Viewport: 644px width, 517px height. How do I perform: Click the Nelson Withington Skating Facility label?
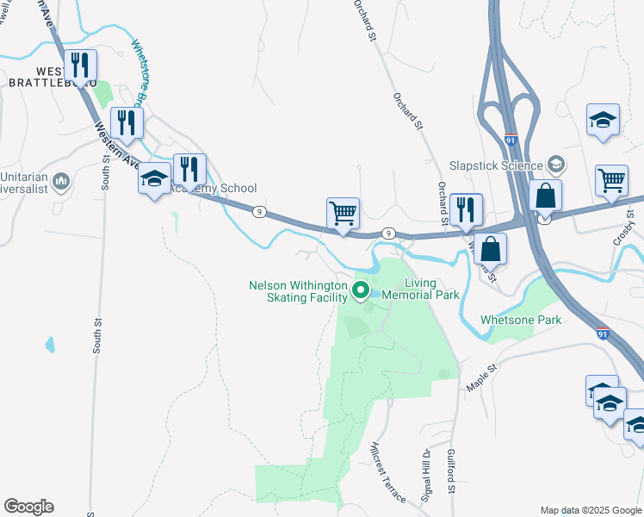(298, 290)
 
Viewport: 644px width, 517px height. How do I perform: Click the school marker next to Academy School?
(155, 179)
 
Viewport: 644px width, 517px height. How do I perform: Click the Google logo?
(28, 507)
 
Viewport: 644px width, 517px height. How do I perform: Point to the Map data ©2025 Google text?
(590, 510)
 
